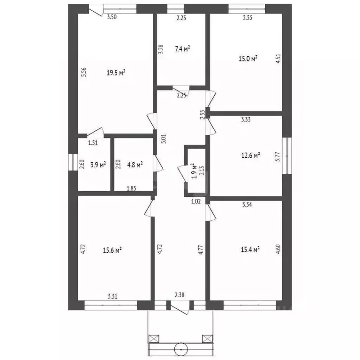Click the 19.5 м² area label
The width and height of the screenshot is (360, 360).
coord(116,73)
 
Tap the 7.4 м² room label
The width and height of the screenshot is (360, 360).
coord(182,49)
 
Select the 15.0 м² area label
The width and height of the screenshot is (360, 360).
coord(248,59)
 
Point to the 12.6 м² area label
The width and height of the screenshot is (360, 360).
coord(250,156)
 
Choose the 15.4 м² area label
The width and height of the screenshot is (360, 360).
coord(250,249)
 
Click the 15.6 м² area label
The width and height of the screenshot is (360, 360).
coord(112,250)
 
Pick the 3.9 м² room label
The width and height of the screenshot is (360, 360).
coord(98,165)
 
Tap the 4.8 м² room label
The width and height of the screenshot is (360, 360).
coord(135,165)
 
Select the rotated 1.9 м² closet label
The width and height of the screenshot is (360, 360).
coord(194,171)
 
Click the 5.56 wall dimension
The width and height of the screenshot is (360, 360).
coord(84,72)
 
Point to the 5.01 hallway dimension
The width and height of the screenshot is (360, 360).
coord(164,139)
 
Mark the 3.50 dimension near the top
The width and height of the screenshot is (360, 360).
coord(112,17)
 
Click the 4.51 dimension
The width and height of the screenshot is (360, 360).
coord(278,59)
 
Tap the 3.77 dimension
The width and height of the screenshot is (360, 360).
coord(278,157)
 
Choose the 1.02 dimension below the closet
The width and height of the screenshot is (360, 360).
coord(196,202)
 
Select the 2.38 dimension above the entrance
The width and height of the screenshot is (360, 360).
coord(180,295)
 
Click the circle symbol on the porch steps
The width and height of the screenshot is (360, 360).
coord(181,349)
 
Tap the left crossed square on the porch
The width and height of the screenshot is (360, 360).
coord(154,338)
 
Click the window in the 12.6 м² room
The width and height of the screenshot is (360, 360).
coord(287,156)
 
